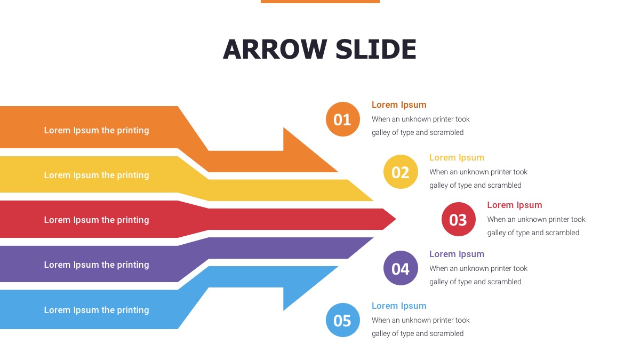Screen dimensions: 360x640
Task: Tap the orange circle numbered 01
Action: [x=343, y=119]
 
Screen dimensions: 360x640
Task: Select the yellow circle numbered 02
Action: [x=401, y=172]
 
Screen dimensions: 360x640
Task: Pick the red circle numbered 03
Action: [x=458, y=219]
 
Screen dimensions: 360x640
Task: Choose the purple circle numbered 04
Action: [x=401, y=268]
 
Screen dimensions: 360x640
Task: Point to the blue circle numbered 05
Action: [x=343, y=320]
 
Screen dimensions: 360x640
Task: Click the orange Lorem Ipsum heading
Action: [x=399, y=105]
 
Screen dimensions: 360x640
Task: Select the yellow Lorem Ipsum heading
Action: [x=457, y=157]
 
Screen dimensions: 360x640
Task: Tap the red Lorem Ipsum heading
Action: [x=514, y=205]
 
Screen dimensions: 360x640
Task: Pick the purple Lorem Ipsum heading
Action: [x=457, y=254]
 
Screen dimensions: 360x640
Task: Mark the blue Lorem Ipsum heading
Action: [x=399, y=306]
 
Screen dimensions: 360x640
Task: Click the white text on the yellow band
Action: [x=97, y=175]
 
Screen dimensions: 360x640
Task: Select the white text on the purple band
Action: [x=97, y=265]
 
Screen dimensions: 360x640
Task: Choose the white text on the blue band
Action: [x=97, y=310]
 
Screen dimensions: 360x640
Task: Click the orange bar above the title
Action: [x=320, y=2]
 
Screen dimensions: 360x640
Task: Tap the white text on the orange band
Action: [x=97, y=130]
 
